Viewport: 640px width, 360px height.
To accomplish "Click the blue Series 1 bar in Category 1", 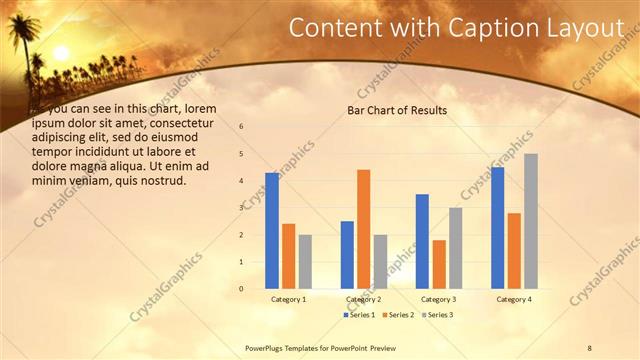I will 272,231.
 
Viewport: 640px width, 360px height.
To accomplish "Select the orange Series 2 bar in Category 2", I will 363,229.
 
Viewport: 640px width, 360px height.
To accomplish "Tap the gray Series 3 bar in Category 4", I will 531,221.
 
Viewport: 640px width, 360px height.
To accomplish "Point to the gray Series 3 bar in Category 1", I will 305,262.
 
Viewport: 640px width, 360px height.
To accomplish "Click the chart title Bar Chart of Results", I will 397,110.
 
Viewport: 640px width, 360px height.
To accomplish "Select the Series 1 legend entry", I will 360,315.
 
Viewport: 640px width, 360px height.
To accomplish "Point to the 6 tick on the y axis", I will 241,127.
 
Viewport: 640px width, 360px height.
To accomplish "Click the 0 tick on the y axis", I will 241,289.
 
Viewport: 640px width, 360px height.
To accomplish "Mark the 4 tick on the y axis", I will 241,181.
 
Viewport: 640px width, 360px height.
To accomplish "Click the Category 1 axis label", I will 289,299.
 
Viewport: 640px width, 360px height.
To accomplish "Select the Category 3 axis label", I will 439,299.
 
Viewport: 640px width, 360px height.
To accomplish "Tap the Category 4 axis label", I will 514,299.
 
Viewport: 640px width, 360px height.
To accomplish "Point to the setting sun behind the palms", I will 60,52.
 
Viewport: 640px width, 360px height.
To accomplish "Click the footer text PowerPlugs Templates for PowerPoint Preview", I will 327,347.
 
